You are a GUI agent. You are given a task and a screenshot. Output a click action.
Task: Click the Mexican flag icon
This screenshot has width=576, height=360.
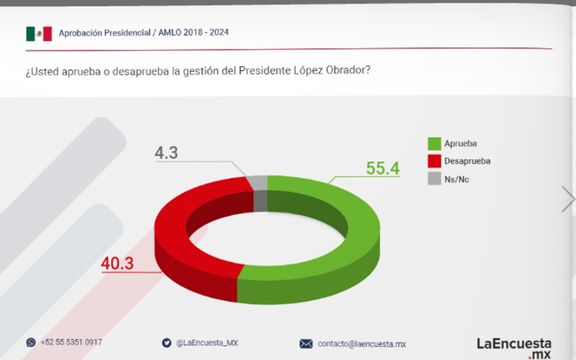(39, 34)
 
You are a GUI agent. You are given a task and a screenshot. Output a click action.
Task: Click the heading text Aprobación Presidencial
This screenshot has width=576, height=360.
(103, 33)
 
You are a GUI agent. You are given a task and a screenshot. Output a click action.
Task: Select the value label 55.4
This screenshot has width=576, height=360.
(382, 168)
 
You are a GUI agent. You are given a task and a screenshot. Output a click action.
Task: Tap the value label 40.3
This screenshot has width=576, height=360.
(118, 263)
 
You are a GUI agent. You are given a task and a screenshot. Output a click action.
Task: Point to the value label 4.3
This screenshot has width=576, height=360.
(166, 152)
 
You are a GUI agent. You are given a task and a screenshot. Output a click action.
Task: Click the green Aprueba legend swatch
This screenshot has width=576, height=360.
(434, 143)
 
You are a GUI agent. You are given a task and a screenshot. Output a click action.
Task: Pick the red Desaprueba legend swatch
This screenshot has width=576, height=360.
(434, 161)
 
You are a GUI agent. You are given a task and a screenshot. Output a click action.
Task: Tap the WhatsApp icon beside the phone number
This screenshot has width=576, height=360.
(30, 342)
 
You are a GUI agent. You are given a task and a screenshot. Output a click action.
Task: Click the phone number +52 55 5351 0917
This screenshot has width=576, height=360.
(71, 342)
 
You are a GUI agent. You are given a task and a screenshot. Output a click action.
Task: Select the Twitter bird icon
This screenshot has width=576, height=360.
(166, 343)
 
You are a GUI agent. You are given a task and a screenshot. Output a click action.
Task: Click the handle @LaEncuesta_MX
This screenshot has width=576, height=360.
(207, 343)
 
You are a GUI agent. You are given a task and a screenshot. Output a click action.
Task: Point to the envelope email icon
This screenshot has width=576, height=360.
(306, 344)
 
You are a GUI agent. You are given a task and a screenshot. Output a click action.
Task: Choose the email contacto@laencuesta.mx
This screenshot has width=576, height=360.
(362, 344)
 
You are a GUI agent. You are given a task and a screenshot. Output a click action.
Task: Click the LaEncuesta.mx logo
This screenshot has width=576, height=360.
(514, 348)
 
